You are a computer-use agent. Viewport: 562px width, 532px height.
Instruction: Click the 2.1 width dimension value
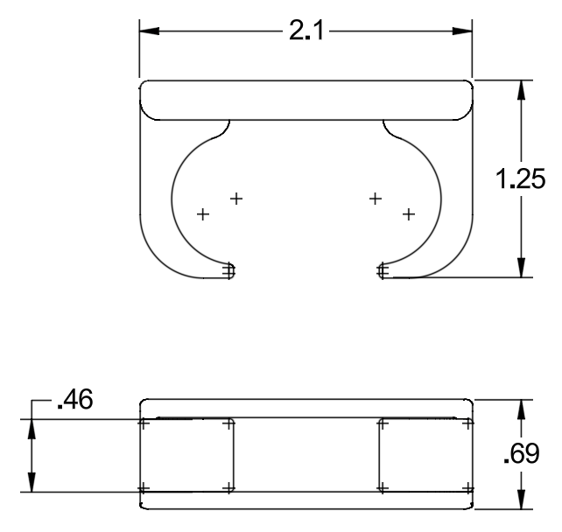click(306, 31)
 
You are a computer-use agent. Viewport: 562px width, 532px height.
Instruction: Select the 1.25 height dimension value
click(521, 178)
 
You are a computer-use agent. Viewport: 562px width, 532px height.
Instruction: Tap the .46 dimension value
click(75, 399)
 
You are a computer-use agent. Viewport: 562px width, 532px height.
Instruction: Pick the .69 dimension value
click(522, 453)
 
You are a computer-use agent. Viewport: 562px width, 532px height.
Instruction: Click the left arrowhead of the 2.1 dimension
click(149, 31)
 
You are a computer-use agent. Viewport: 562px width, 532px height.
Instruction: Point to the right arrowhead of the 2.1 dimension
click(462, 31)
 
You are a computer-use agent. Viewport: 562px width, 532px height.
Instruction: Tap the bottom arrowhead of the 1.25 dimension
click(522, 267)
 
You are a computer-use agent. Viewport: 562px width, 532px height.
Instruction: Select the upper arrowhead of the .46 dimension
click(32, 429)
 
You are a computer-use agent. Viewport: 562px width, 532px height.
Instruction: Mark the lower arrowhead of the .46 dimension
click(32, 482)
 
